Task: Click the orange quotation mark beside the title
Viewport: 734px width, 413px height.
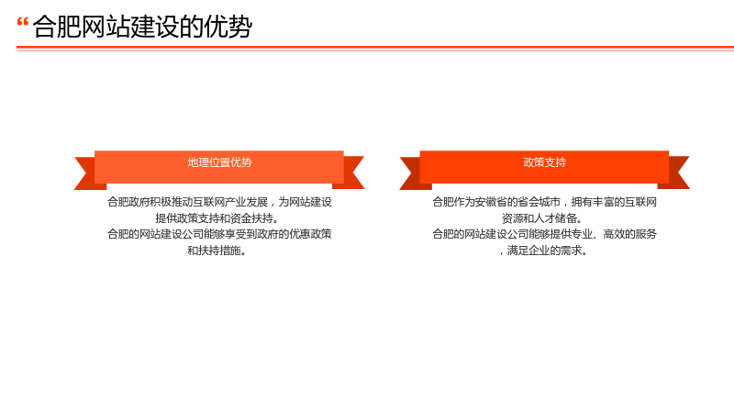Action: click(22, 22)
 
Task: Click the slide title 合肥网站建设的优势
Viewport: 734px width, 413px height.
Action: click(142, 27)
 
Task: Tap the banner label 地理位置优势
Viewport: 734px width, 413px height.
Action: click(219, 162)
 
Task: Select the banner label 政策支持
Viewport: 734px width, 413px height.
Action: click(544, 162)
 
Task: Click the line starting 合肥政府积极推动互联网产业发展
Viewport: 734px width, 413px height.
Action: click(219, 202)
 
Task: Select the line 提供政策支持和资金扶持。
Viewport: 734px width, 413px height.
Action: click(217, 218)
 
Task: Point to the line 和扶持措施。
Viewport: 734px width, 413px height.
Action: click(217, 251)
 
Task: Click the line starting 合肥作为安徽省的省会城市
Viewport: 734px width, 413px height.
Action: click(544, 202)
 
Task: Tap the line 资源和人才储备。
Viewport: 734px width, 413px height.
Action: click(542, 218)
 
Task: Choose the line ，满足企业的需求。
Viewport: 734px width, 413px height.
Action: click(542, 251)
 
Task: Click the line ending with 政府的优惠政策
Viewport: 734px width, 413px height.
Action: click(219, 234)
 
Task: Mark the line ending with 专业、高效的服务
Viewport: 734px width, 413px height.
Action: click(544, 234)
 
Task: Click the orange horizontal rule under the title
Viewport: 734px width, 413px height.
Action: click(375, 48)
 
